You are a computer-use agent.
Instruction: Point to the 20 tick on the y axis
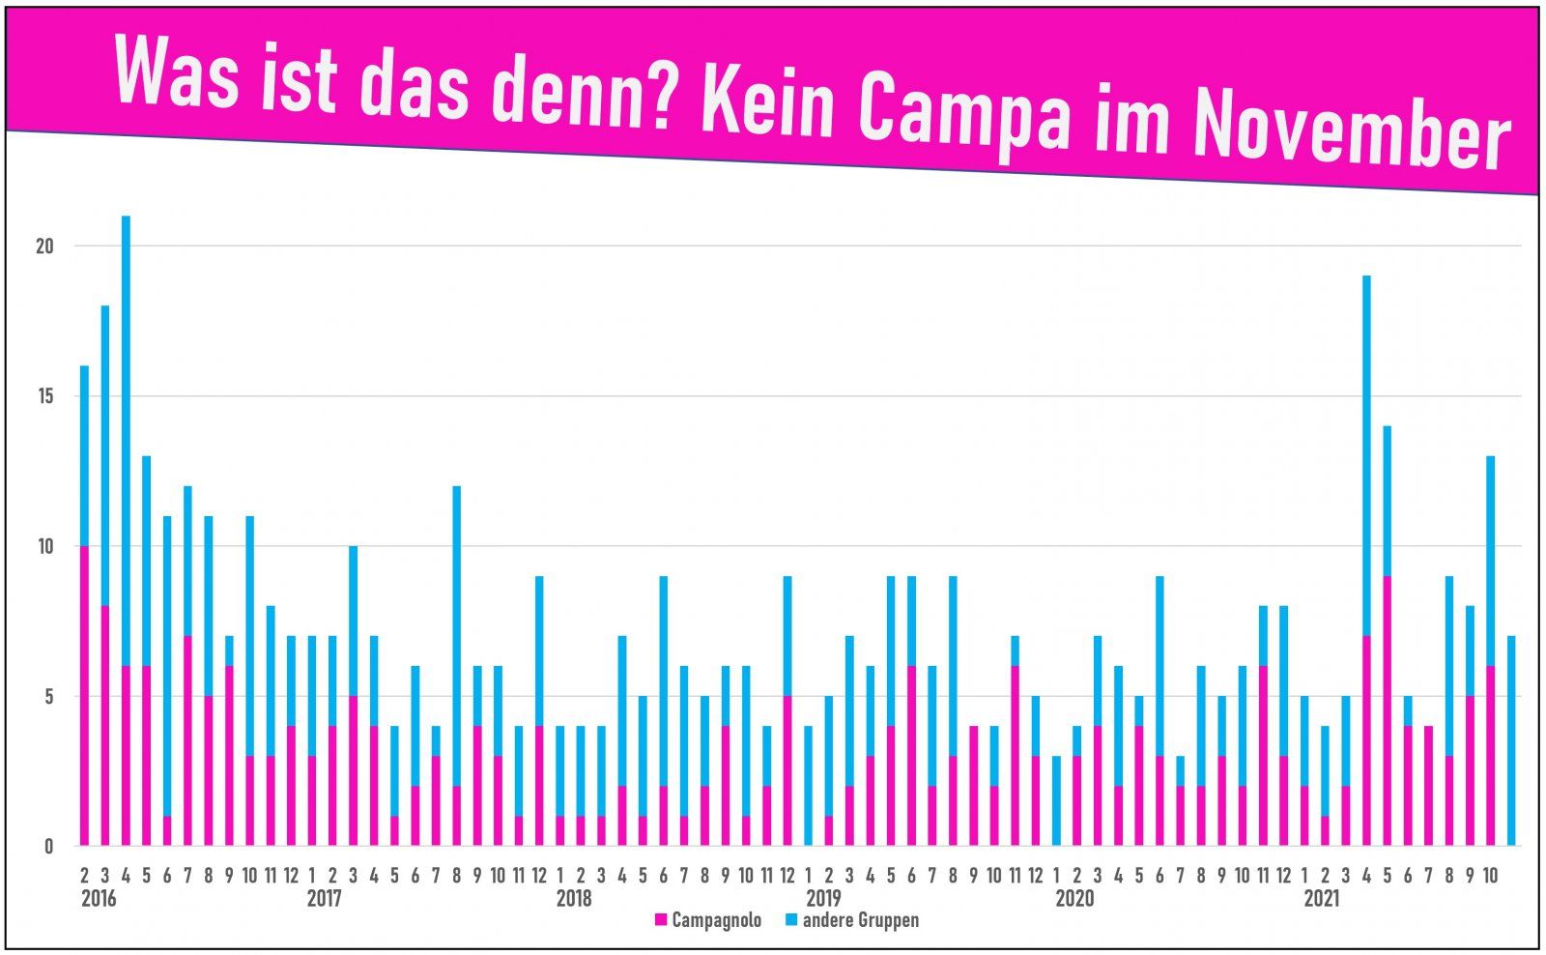point(44,246)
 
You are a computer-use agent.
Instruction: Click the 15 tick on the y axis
point(44,396)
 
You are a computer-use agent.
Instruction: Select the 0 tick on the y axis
point(48,847)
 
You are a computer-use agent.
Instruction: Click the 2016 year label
point(99,899)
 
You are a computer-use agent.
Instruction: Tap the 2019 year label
point(823,899)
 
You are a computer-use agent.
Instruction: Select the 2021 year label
point(1321,899)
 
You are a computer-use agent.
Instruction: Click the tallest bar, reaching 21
point(126,435)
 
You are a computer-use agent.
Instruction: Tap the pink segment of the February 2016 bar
point(84,696)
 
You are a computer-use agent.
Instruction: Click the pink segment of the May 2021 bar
point(1387,710)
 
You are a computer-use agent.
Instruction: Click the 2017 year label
point(325,899)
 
